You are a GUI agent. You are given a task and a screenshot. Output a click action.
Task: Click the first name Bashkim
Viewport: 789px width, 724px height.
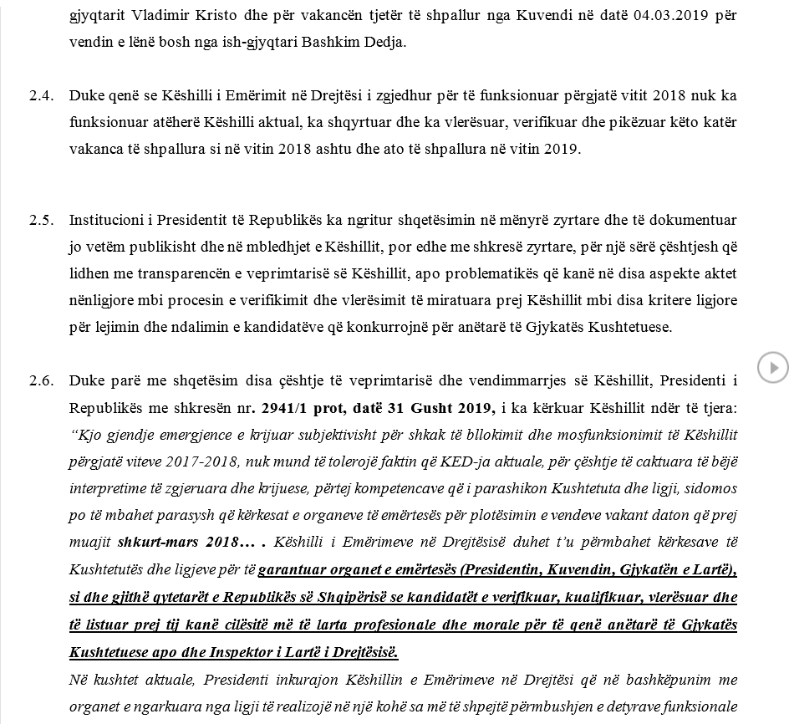[336, 41]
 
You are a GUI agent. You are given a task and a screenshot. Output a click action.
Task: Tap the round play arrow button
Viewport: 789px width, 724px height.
[773, 367]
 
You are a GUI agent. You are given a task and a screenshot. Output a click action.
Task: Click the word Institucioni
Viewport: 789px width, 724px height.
[106, 221]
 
